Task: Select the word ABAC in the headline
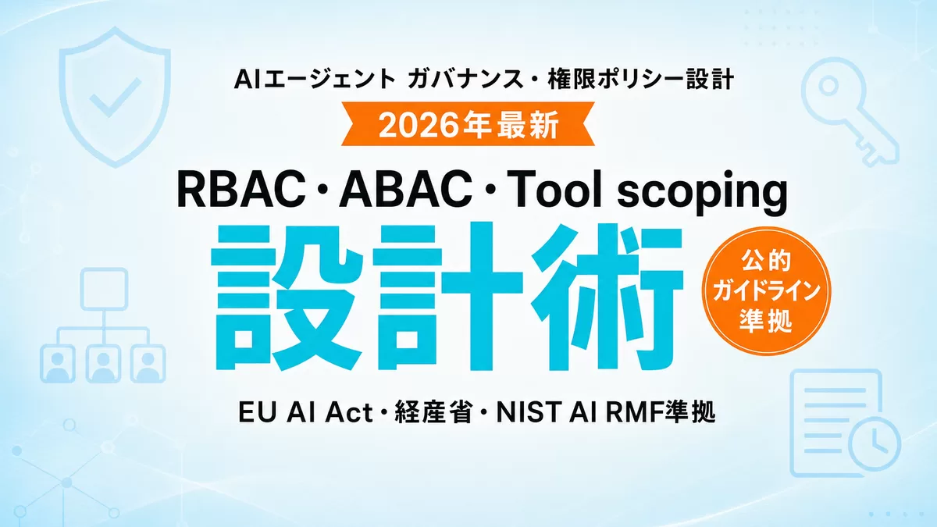pos(404,190)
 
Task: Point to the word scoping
pos(702,194)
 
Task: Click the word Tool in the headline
pos(558,190)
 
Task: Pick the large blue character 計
pos(448,297)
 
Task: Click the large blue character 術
pos(607,297)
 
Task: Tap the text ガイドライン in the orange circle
pos(766,291)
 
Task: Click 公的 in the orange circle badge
pos(766,261)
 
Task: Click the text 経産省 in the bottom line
pos(433,412)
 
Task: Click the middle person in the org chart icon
pos(103,364)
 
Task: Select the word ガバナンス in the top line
pos(465,80)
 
